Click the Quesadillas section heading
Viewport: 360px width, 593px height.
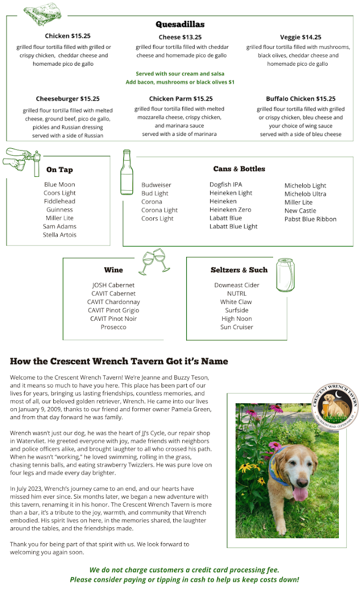click(180, 24)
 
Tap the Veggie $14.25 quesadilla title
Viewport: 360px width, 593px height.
click(300, 37)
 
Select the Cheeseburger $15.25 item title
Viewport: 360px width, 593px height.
click(68, 99)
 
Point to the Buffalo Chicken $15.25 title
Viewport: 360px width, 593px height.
click(300, 99)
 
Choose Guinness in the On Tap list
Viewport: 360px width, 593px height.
click(60, 210)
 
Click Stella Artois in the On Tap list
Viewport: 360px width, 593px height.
click(60, 235)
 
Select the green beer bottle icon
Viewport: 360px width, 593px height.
click(127, 172)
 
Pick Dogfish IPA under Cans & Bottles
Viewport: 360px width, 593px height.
click(226, 185)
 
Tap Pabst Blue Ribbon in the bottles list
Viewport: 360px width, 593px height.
click(310, 219)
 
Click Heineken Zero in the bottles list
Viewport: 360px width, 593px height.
click(230, 210)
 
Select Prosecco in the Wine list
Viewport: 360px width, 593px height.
click(114, 327)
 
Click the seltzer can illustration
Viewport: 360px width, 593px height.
click(285, 275)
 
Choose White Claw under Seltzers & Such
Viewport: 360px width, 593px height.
click(236, 302)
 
